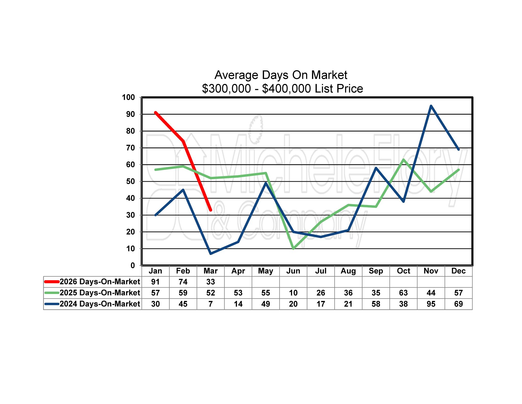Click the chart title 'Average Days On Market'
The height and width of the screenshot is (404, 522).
point(281,75)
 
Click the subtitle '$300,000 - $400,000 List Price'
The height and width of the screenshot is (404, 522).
point(282,89)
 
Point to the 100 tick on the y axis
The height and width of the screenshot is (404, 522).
point(128,97)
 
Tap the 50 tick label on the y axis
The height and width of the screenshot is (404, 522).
point(130,181)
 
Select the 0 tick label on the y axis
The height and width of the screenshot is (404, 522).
point(133,265)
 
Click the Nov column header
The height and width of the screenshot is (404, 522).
point(431,271)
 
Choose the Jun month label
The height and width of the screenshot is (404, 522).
point(293,271)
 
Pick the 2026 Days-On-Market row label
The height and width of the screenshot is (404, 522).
point(100,282)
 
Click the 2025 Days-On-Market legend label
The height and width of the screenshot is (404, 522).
point(100,293)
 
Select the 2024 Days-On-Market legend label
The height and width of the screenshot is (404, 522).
point(100,304)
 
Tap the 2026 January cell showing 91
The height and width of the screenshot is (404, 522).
point(155,282)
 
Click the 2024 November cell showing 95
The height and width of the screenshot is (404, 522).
point(431,304)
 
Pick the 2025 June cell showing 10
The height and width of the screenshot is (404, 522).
point(293,293)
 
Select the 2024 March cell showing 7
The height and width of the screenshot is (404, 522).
point(211,304)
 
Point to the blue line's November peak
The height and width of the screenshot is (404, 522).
point(431,106)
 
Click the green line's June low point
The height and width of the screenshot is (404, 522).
point(293,249)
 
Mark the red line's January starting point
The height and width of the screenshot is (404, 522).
point(155,113)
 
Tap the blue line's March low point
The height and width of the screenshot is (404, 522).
point(211,254)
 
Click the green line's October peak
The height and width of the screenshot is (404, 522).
point(403,160)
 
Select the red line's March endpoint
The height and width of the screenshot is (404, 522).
point(211,210)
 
